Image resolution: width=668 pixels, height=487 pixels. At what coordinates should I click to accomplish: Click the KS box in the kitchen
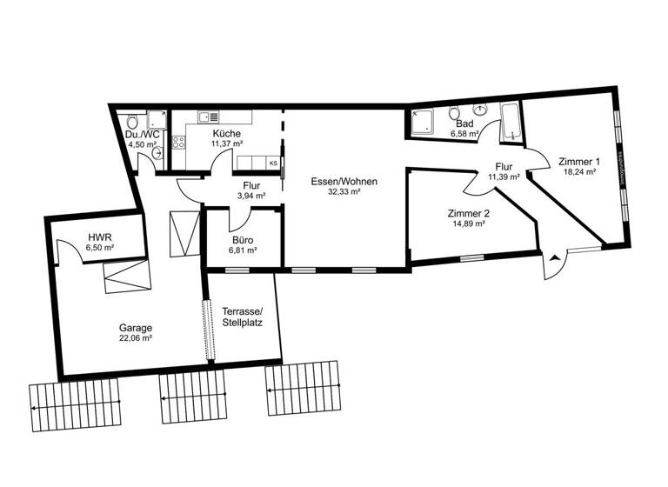click(273, 163)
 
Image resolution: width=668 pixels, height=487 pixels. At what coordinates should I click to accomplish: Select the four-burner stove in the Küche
click(178, 143)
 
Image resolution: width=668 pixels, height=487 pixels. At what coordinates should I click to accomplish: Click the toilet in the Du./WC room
click(130, 121)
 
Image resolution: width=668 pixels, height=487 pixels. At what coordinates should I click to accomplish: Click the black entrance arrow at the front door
click(554, 257)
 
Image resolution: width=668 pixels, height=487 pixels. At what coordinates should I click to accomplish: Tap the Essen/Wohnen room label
click(345, 182)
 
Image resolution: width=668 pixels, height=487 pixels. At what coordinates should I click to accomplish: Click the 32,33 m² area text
click(345, 193)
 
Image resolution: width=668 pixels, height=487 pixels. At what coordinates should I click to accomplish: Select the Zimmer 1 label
click(579, 162)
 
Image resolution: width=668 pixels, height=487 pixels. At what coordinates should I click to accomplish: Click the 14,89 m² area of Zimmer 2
click(467, 224)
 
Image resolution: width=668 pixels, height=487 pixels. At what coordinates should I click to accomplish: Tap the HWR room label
click(98, 237)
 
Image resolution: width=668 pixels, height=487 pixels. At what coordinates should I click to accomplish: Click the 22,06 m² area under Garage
click(135, 338)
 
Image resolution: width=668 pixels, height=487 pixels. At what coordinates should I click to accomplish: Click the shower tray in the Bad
click(423, 123)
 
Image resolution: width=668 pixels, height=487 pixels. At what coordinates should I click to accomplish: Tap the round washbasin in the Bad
click(480, 110)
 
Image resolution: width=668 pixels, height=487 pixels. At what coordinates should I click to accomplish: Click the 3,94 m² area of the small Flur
click(251, 196)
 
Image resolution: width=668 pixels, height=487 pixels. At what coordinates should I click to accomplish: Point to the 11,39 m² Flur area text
click(504, 177)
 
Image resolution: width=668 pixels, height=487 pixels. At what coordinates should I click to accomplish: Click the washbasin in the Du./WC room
click(157, 154)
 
